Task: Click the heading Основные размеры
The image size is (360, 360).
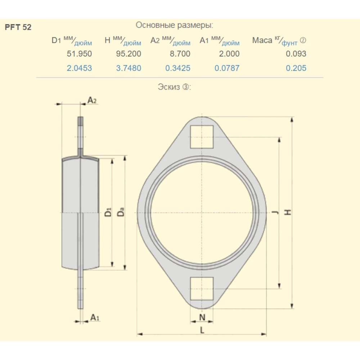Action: click(x=174, y=25)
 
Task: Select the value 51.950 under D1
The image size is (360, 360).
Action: click(x=80, y=54)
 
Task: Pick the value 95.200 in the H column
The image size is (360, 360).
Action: click(x=129, y=54)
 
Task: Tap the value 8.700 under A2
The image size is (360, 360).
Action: click(x=178, y=54)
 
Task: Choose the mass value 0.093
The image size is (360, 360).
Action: click(x=296, y=54)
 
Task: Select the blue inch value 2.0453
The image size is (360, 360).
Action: click(x=79, y=68)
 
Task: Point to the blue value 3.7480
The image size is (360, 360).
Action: click(x=129, y=68)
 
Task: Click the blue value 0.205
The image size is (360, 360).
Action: click(x=296, y=68)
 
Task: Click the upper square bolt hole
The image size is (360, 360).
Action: click(x=202, y=137)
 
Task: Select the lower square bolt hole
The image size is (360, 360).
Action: click(x=202, y=289)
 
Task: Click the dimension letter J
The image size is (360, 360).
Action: click(x=275, y=212)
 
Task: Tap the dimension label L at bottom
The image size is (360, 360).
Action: click(x=202, y=330)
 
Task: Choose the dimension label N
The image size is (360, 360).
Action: click(x=202, y=317)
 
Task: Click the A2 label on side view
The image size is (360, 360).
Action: click(x=92, y=100)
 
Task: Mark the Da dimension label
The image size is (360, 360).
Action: click(x=121, y=212)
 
